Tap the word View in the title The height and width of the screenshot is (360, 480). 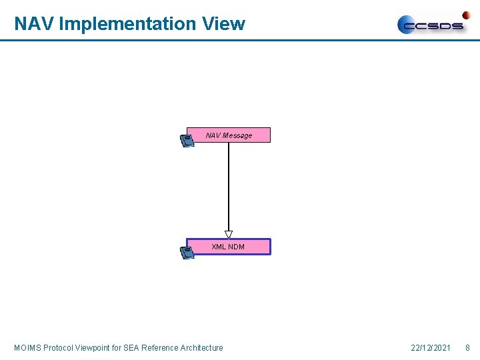point(223,24)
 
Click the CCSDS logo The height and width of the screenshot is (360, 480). point(433,25)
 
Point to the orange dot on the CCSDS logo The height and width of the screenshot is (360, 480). point(466,15)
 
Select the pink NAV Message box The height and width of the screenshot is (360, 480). point(229,135)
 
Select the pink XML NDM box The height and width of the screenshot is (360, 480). point(229,247)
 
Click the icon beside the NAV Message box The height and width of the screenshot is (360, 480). point(187,140)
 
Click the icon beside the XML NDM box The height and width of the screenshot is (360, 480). point(187,252)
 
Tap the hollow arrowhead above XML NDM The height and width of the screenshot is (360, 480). point(229,234)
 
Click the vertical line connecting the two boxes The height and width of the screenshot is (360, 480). point(229,187)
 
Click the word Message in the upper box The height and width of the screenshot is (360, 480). point(238,135)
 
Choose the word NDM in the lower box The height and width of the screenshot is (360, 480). point(237,247)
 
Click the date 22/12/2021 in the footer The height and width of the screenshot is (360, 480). point(431,347)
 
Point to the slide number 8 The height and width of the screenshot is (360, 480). point(467,347)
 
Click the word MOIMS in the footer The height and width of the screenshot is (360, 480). point(27,347)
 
